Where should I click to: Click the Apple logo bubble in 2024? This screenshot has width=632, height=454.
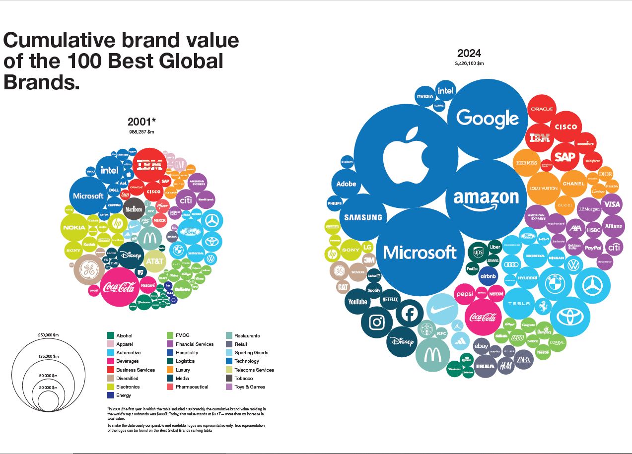[406, 155]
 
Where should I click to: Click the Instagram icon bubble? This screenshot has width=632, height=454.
[377, 322]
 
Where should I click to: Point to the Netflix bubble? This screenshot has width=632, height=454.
[390, 299]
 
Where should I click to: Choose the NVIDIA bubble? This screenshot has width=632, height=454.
[425, 96]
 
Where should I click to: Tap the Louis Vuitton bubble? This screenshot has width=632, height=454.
[543, 189]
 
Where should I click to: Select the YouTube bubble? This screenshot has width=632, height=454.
[357, 302]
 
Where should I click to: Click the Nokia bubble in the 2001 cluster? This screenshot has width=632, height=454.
[74, 228]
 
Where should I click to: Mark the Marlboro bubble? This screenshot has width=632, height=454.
[134, 209]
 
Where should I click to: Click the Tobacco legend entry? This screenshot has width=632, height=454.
[243, 379]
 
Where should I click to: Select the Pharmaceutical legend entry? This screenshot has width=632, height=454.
[192, 387]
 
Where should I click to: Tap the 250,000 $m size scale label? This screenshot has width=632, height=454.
[48, 335]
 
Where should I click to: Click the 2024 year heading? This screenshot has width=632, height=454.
[469, 54]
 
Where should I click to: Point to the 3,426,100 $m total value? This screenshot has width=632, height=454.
[469, 64]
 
